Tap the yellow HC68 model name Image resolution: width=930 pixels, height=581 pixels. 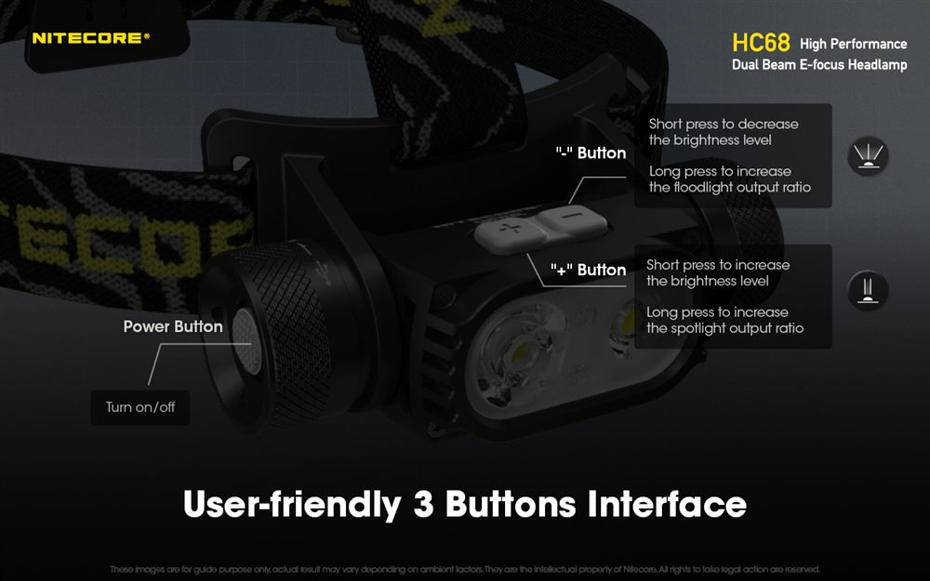761,44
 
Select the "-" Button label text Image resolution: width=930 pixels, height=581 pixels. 591,152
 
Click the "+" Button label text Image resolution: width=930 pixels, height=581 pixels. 589,270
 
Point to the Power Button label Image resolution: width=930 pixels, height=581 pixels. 173,326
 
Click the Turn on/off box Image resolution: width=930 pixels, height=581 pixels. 140,407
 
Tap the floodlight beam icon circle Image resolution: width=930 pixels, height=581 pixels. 868,155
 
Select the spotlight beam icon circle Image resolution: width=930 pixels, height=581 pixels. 868,291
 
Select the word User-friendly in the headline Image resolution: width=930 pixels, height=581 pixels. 290,504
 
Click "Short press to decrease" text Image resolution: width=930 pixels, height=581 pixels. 724,124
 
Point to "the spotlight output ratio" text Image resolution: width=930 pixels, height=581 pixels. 725,328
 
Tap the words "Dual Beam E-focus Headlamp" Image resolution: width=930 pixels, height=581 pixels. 819,65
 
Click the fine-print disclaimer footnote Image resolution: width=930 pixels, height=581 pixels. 465,569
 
